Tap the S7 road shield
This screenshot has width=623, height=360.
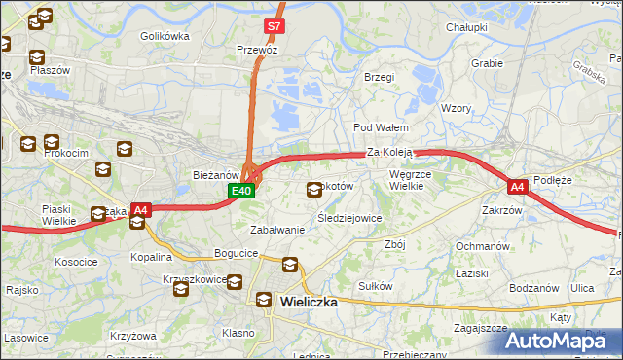point(275,26)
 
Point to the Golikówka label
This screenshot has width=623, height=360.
point(164,36)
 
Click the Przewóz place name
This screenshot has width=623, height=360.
point(257,49)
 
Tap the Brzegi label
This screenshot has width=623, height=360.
point(378,76)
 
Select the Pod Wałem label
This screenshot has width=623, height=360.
point(380,127)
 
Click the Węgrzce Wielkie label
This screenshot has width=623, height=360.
point(416,179)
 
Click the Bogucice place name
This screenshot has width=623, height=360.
point(236,253)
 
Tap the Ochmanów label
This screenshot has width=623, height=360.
point(483,246)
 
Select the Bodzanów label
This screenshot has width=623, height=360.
point(535,289)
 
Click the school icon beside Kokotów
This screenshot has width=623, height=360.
point(314,189)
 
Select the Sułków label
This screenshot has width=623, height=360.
point(375,286)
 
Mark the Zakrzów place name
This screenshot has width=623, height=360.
point(502,209)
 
